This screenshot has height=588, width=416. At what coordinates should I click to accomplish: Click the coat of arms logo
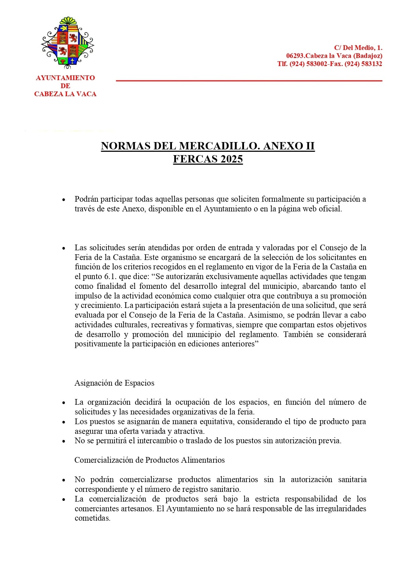click(x=67, y=41)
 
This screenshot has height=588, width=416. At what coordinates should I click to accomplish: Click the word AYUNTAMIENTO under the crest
click(x=65, y=78)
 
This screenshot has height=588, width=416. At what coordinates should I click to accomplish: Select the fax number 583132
click(x=372, y=64)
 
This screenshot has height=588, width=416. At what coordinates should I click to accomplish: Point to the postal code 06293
click(x=295, y=56)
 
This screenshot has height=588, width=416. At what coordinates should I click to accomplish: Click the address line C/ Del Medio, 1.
click(x=358, y=48)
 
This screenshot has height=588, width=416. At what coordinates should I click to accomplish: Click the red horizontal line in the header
click(x=249, y=81)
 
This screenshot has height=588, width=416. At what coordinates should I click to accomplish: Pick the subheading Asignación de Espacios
click(x=114, y=383)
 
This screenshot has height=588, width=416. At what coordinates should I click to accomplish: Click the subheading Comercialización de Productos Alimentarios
click(x=150, y=460)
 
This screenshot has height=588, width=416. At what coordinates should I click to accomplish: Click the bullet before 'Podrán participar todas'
click(x=63, y=200)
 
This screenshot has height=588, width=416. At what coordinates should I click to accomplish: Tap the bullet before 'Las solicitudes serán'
click(x=63, y=248)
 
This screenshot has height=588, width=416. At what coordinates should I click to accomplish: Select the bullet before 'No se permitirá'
click(x=63, y=441)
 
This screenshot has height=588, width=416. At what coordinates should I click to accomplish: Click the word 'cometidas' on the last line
click(x=92, y=518)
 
